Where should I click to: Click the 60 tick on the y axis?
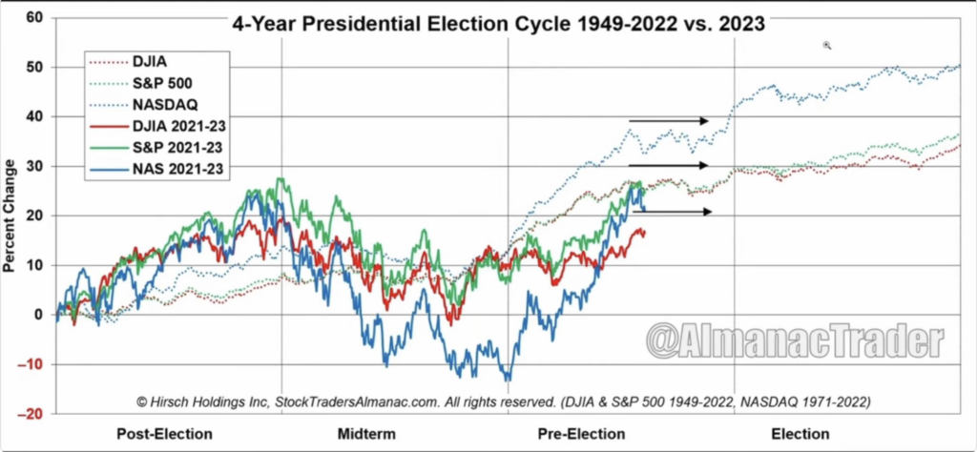click(34, 17)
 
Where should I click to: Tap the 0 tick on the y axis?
click(38, 315)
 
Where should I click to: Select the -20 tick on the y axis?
click(31, 414)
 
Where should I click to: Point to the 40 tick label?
click(34, 116)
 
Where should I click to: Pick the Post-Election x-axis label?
click(164, 434)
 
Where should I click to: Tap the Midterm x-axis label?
click(366, 434)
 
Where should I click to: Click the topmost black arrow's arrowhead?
click(704, 121)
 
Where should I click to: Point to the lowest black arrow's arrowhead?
click(707, 212)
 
